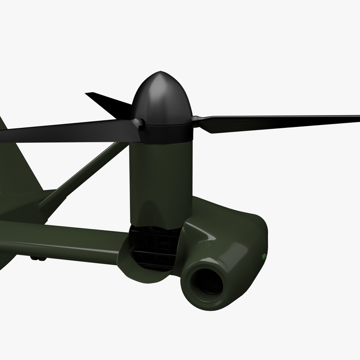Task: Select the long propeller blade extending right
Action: pos(279,122)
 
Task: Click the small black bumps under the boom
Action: pos(38,258)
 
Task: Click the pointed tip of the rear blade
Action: pos(88,94)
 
